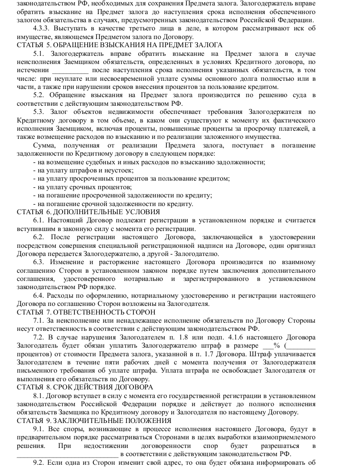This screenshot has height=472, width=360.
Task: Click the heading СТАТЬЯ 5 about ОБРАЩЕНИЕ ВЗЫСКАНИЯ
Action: click(x=119, y=45)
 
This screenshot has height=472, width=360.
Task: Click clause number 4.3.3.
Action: click(x=42, y=29)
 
